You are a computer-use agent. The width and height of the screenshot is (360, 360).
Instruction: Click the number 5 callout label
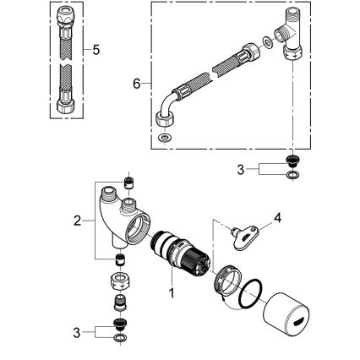pyautogui.click(x=95, y=51)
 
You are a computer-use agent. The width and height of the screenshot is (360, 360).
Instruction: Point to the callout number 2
pyautogui.click(x=77, y=221)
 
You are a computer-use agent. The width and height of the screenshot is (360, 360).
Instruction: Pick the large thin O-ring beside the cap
pyautogui.click(x=250, y=296)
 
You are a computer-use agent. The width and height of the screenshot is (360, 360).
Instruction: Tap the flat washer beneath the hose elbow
pyautogui.click(x=162, y=135)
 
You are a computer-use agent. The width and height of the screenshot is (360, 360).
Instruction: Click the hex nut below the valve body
pyautogui.click(x=120, y=281)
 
